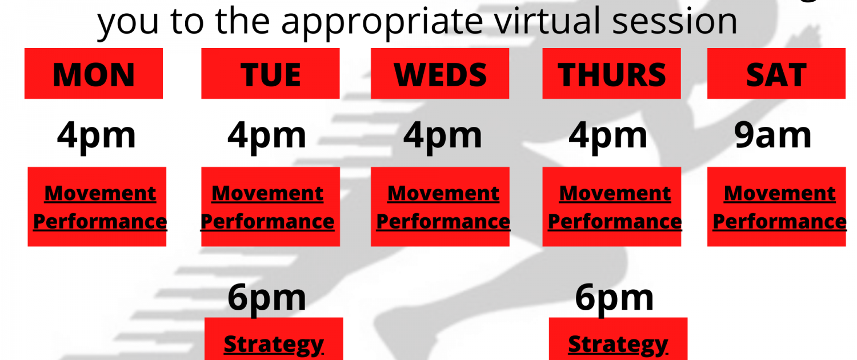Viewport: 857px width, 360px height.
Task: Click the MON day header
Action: [x=94, y=74]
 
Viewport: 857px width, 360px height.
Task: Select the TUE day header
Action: [x=270, y=74]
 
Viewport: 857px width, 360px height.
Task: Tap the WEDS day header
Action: [x=440, y=74]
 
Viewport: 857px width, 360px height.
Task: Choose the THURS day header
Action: [x=612, y=74]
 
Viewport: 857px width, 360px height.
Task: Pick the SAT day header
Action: [x=776, y=74]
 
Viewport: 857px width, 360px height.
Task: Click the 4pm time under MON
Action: [x=97, y=136]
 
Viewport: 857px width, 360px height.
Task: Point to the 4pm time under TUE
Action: [x=267, y=136]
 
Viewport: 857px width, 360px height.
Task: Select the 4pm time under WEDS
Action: [x=443, y=136]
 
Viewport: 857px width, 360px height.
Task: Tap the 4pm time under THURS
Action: [x=608, y=136]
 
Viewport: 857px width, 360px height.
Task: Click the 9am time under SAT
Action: [x=773, y=135]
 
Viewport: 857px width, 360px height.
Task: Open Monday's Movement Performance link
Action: [x=100, y=207]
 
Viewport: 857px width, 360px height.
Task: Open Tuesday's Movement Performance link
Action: [x=267, y=207]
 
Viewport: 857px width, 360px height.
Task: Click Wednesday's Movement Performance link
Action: [x=443, y=207]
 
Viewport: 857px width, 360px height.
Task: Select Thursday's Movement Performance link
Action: [x=615, y=207]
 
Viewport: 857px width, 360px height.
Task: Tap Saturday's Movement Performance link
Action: [x=780, y=207]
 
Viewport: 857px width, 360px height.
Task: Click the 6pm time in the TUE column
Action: [x=267, y=298]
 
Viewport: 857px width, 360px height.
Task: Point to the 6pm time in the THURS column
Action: [x=614, y=298]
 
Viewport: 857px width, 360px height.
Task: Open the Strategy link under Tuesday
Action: [x=274, y=345]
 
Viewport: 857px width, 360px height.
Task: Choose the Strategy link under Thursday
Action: [x=618, y=345]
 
